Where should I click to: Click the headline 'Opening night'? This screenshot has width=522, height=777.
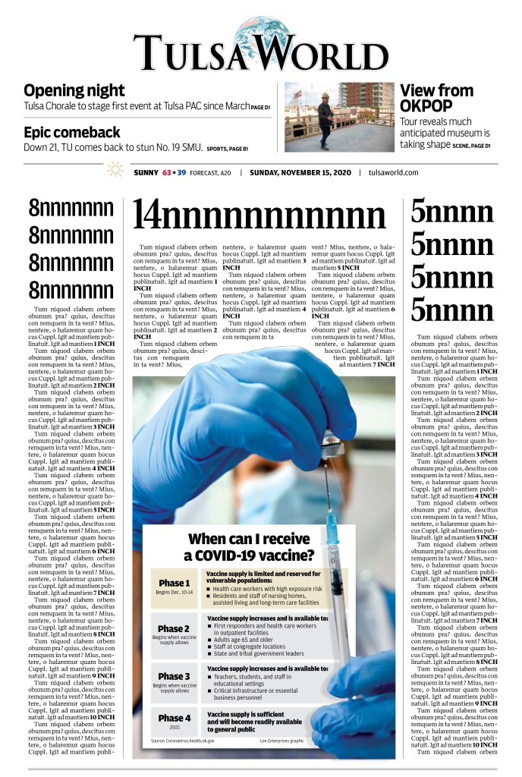point(74,91)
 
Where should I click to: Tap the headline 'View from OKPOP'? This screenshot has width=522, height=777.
point(436,99)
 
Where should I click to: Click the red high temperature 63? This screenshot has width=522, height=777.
point(166,173)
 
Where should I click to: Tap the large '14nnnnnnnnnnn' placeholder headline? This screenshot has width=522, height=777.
point(259,215)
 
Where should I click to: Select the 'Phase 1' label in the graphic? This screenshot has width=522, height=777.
point(174,584)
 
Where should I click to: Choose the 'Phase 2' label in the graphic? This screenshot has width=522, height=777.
point(174,628)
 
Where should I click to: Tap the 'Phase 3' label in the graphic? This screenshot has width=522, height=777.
point(174,676)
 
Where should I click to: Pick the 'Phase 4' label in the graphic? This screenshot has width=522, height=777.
point(174,717)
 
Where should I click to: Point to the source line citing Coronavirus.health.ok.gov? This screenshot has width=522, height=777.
point(182,740)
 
